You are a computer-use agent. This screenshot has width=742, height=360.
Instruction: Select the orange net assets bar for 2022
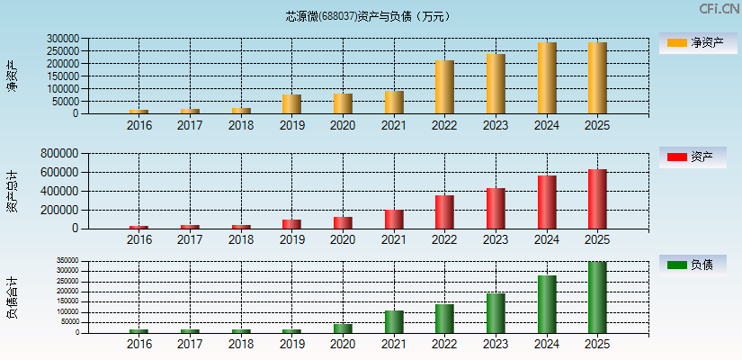point(444,87)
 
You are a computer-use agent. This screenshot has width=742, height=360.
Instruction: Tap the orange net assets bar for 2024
point(547,78)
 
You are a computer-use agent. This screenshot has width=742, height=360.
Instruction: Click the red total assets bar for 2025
point(597,199)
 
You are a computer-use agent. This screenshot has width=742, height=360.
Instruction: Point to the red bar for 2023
point(496,208)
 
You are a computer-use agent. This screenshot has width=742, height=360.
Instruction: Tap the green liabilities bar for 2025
point(597,297)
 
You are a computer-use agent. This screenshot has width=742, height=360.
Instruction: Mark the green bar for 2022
point(444,318)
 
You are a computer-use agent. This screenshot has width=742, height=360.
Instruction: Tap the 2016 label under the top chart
point(139,126)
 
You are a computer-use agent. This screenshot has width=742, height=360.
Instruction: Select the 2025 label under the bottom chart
point(597,345)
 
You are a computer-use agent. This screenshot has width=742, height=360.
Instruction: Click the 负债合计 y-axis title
point(12,299)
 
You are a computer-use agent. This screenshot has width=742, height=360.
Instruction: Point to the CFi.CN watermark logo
point(719,9)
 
